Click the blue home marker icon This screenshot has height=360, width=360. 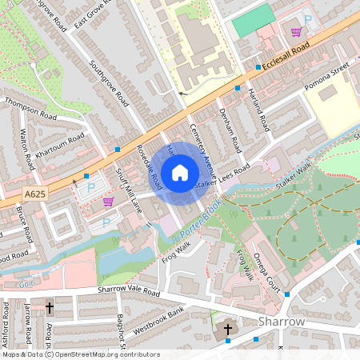tap(180, 172)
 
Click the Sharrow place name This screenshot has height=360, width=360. tap(282, 321)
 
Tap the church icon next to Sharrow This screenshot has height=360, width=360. tap(227, 329)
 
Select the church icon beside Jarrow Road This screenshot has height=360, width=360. tap(49, 306)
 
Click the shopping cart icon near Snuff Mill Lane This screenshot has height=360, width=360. tap(109, 202)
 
